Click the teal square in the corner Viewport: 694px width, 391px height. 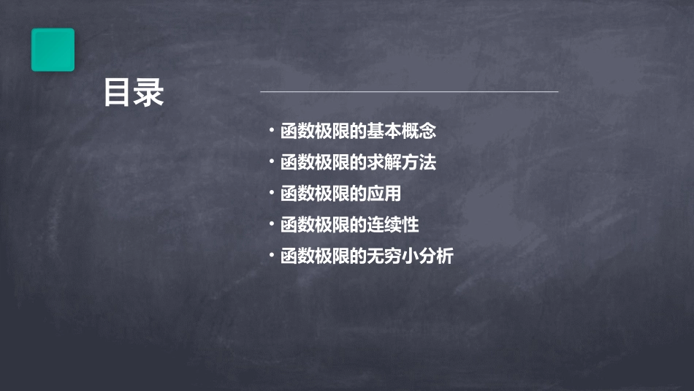tap(53, 50)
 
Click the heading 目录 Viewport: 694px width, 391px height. tap(133, 93)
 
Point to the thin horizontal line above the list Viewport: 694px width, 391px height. tap(409, 92)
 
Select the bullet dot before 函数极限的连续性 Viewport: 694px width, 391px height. tap(271, 224)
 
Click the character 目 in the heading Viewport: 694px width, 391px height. tap(118, 93)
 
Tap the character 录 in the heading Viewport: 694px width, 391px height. tap(149, 93)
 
